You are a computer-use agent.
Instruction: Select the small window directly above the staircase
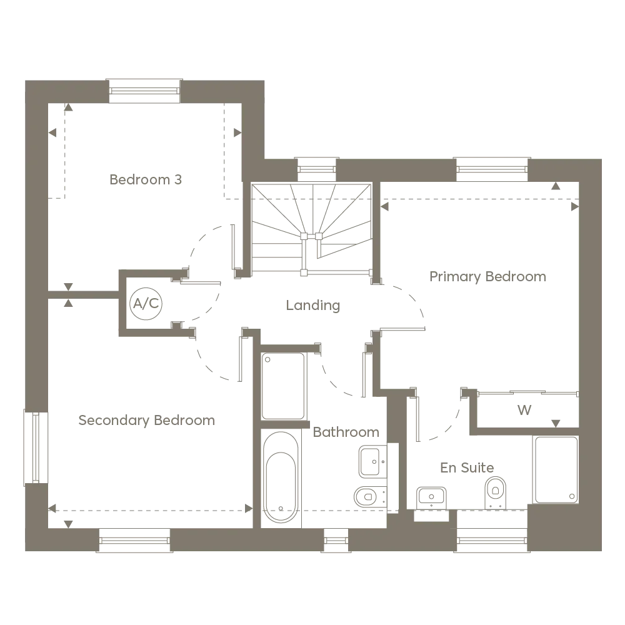pyautogui.click(x=317, y=169)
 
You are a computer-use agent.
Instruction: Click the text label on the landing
pyautogui.click(x=312, y=306)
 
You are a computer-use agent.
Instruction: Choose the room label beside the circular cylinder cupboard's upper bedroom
pyautogui.click(x=147, y=178)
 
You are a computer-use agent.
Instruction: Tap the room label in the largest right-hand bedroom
pyautogui.click(x=489, y=277)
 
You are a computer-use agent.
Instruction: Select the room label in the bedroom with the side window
pyautogui.click(x=145, y=419)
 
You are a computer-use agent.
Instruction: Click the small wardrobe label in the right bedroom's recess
pyautogui.click(x=524, y=411)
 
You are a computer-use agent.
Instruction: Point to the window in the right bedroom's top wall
pyautogui.click(x=492, y=169)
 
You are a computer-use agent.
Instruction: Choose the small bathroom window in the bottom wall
pyautogui.click(x=336, y=539)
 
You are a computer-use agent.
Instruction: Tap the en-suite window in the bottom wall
pyautogui.click(x=492, y=539)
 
